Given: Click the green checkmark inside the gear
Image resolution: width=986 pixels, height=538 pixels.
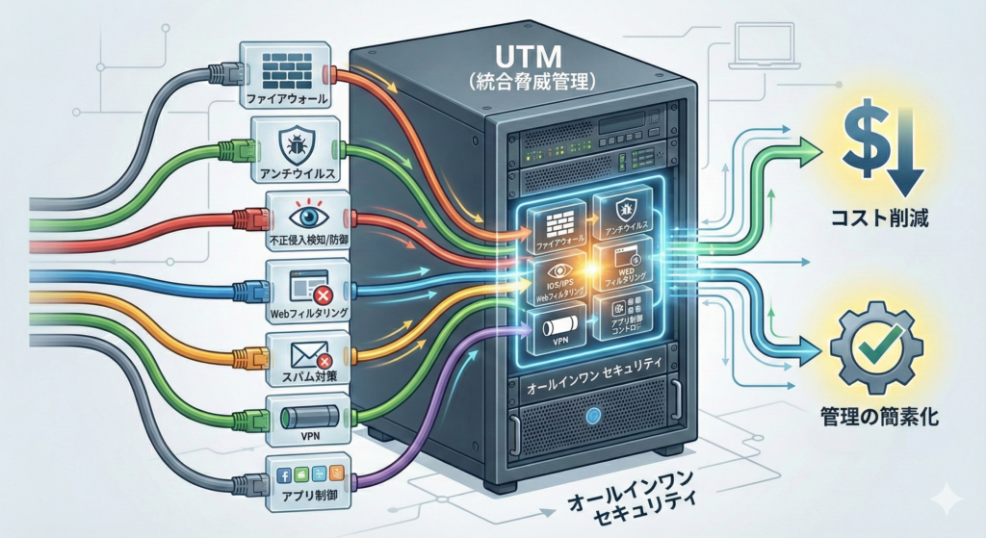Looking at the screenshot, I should (x=876, y=345).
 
